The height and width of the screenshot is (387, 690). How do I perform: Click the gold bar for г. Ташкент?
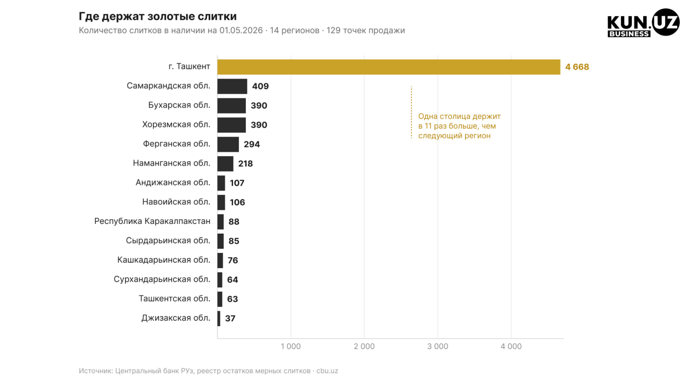(x=389, y=67)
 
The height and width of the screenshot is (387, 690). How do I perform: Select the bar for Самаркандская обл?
(x=232, y=87)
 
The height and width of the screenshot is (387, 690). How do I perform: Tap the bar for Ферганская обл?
(x=228, y=144)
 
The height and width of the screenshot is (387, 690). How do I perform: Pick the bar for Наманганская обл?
(x=225, y=164)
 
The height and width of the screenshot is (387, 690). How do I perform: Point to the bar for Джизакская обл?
(x=219, y=319)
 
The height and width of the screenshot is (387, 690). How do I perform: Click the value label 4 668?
(x=577, y=67)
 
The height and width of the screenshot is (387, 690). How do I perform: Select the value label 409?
(x=260, y=87)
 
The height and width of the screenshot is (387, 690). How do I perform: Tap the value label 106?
(x=237, y=202)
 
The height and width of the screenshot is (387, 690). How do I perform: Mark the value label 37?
(x=230, y=319)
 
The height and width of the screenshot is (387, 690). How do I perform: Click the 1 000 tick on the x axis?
(x=291, y=347)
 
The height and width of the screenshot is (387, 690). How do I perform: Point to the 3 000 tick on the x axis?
(x=437, y=347)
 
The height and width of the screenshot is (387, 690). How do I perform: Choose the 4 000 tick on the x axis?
(x=511, y=347)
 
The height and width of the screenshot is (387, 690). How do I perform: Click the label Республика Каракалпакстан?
(x=152, y=221)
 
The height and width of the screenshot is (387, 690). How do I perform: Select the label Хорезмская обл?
(x=176, y=124)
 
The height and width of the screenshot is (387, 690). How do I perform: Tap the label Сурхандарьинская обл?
(x=162, y=280)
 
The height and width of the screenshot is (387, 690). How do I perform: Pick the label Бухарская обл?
(x=180, y=105)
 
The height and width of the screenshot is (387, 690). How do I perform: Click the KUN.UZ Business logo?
(x=643, y=23)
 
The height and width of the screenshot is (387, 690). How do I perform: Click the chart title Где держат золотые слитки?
(x=158, y=16)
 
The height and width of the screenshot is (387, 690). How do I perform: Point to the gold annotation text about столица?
(x=459, y=126)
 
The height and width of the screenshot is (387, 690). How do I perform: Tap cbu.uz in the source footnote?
(x=327, y=371)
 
